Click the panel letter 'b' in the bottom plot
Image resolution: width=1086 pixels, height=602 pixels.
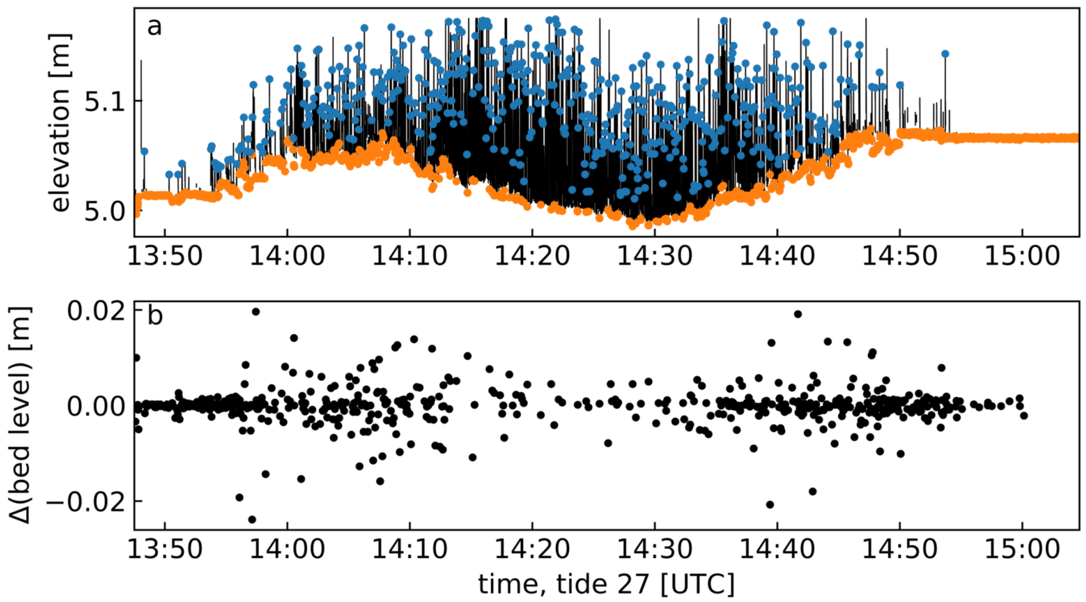[x=155, y=316]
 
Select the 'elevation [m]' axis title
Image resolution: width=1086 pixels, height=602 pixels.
[x=60, y=122]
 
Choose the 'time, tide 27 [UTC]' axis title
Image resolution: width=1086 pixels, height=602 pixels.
[x=606, y=584]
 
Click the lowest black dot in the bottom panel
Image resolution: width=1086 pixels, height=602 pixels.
[x=252, y=519]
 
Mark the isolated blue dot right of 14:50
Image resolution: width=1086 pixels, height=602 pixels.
[x=945, y=54]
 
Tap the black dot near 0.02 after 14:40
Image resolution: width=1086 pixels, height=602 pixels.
[x=798, y=314]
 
